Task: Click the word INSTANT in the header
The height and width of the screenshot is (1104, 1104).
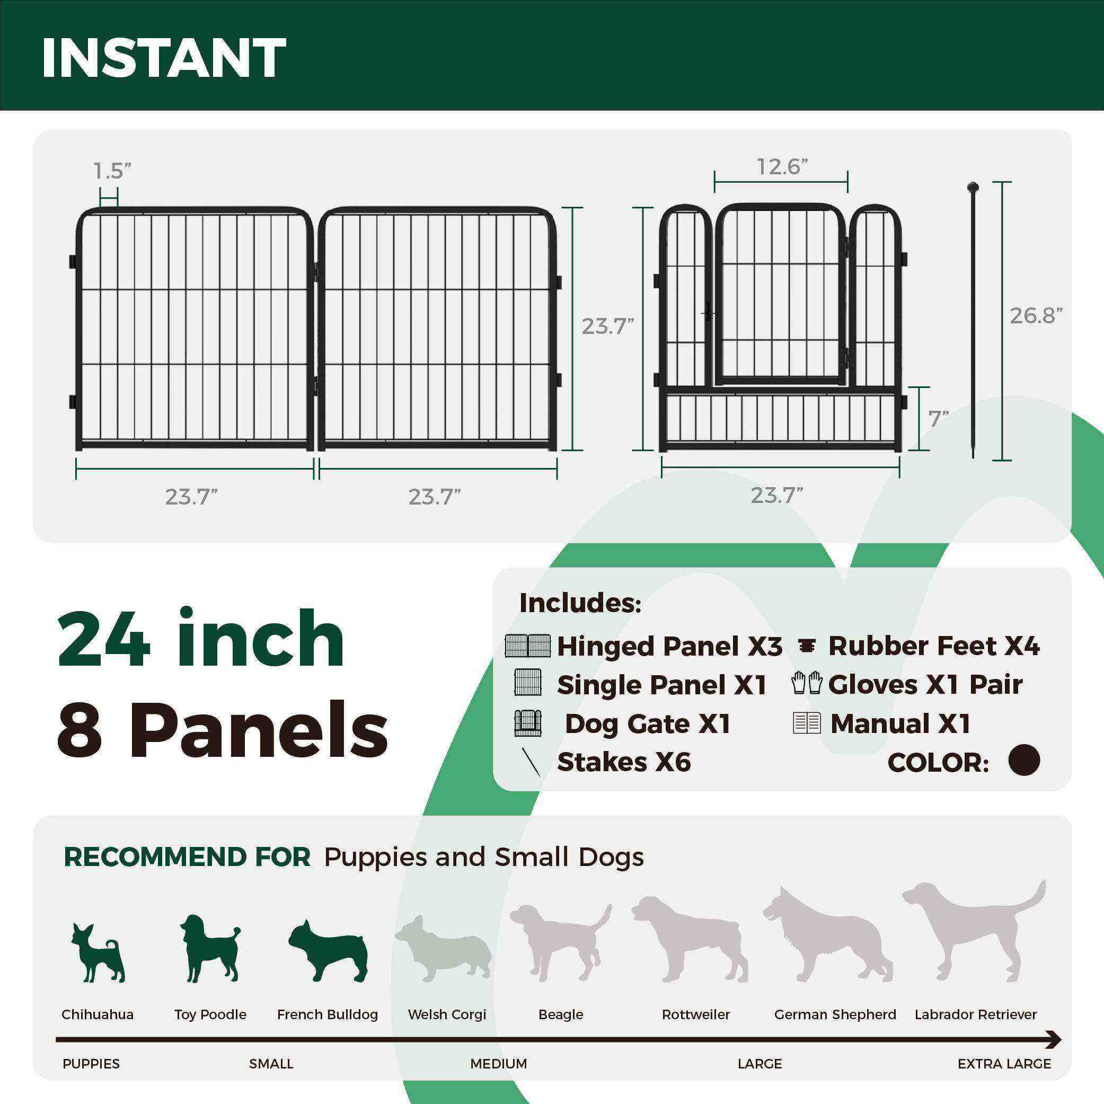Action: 163,58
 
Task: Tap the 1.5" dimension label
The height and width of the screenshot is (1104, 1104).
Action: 112,170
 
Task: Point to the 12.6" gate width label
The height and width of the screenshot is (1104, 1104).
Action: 782,167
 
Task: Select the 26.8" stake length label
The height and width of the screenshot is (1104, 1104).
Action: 1036,315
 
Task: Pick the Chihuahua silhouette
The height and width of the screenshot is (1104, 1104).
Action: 98,952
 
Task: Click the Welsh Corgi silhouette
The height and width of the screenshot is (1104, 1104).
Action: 444,950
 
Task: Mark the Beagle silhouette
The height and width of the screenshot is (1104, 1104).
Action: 561,942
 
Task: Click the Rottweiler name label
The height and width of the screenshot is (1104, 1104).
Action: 695,1014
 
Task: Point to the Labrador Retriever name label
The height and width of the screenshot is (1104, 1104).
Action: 975,1014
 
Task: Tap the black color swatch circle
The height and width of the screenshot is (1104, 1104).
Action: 1024,761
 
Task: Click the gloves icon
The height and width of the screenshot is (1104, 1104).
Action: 807,683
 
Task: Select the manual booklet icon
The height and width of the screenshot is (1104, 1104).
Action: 807,723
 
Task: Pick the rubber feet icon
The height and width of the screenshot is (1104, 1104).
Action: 807,646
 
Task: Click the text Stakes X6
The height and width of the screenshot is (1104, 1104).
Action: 623,762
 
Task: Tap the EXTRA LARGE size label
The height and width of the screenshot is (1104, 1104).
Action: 1004,1063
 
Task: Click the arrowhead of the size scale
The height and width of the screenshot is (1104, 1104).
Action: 1054,1039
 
